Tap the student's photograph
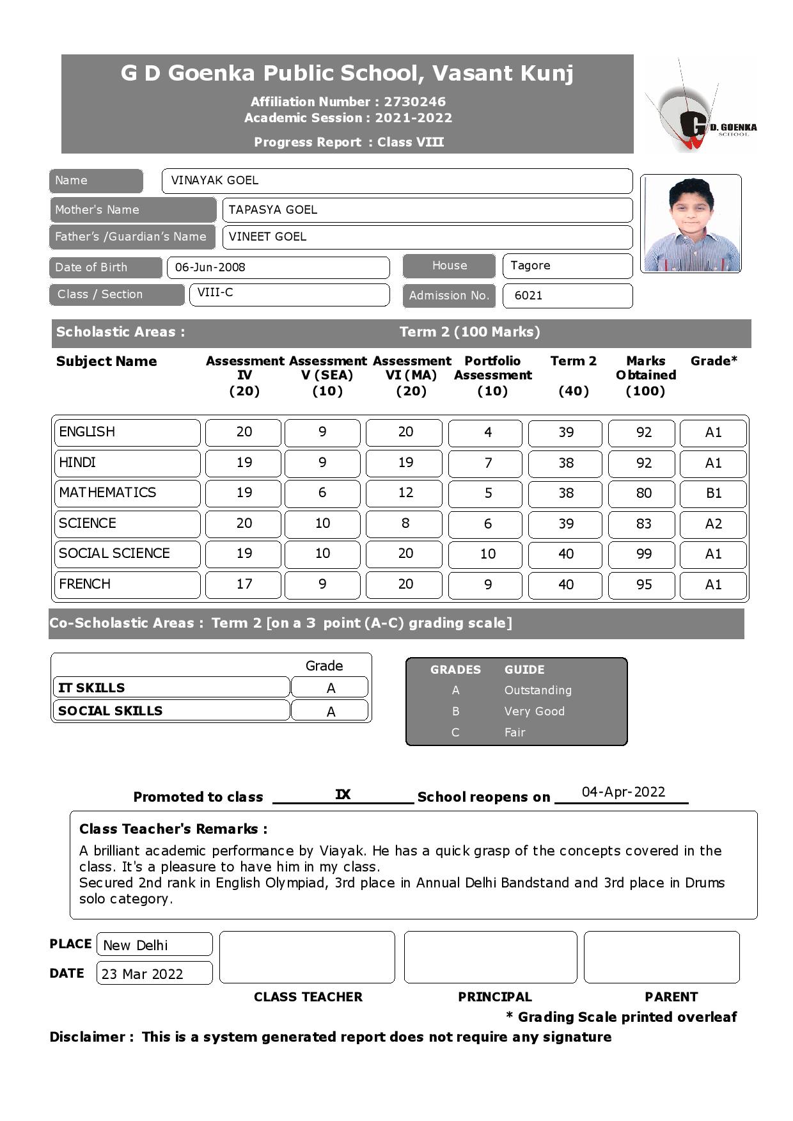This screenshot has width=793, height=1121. (x=691, y=223)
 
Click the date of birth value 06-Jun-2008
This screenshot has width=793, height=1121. (x=210, y=267)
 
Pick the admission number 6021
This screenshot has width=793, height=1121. (x=528, y=296)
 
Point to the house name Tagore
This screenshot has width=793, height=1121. (x=531, y=266)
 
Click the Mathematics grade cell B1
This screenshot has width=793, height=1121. (x=713, y=493)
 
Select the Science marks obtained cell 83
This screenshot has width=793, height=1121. (x=643, y=524)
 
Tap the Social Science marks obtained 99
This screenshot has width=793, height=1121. (x=643, y=554)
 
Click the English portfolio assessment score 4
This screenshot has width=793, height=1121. (x=488, y=433)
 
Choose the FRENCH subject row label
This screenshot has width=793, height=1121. (x=85, y=584)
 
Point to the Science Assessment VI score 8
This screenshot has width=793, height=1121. (x=405, y=523)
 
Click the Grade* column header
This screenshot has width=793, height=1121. (x=713, y=362)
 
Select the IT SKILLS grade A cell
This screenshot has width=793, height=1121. (x=330, y=688)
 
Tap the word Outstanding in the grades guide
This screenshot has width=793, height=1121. (x=538, y=690)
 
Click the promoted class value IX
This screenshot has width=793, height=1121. (x=343, y=795)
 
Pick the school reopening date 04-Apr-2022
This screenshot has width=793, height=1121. (x=623, y=792)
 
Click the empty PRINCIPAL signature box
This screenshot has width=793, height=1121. (x=490, y=957)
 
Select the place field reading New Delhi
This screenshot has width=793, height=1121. (x=136, y=945)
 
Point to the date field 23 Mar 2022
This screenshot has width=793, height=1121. (x=143, y=974)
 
